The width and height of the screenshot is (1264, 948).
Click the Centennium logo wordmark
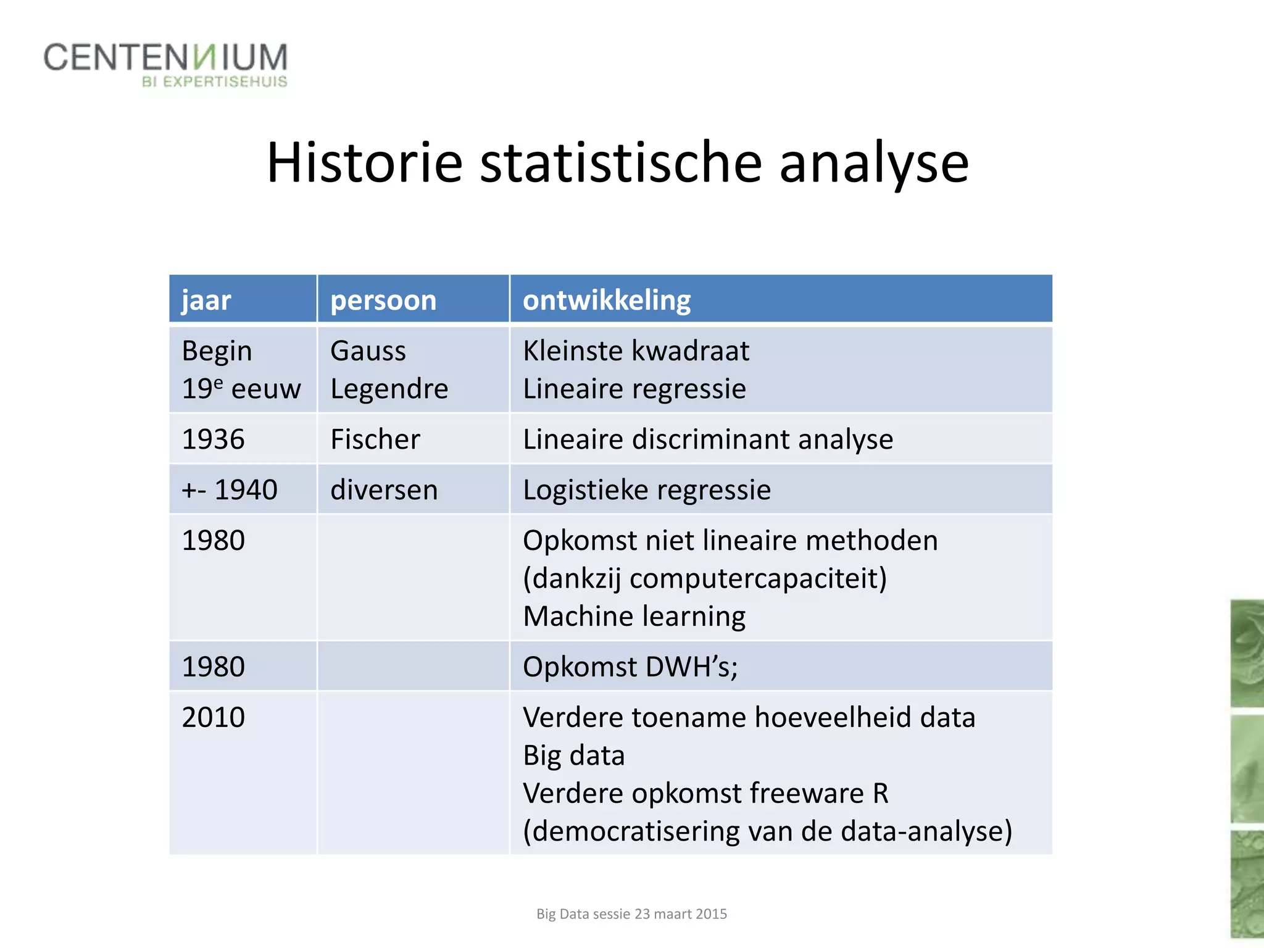[165, 57]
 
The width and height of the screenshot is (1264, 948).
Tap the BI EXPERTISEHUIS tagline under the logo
[214, 82]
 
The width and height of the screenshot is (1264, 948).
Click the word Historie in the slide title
[364, 162]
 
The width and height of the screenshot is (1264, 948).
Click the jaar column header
[206, 301]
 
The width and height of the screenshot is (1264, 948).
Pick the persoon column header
[383, 301]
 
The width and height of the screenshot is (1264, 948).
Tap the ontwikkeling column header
[607, 301]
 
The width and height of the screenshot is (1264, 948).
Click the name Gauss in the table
[368, 351]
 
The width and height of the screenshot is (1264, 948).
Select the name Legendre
[389, 389]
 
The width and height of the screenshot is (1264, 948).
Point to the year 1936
[213, 439]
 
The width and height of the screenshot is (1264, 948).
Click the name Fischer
[375, 439]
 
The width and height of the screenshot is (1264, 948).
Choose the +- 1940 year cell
[229, 490]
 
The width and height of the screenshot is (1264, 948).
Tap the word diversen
[384, 490]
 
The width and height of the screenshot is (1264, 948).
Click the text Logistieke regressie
[646, 490]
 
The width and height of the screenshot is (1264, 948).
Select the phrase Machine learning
[634, 617]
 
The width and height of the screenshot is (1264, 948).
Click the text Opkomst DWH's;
[630, 667]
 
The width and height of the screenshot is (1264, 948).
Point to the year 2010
[213, 718]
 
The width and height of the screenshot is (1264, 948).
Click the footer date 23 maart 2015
[681, 914]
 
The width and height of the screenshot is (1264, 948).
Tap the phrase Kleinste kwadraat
[636, 351]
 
